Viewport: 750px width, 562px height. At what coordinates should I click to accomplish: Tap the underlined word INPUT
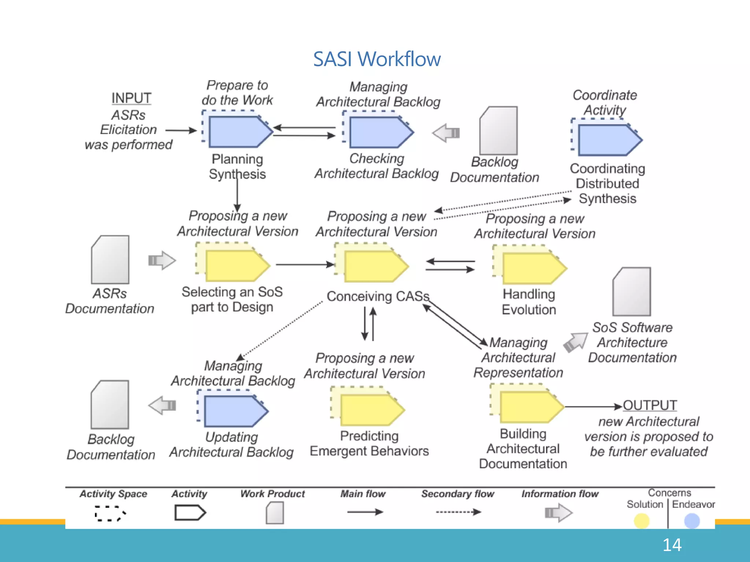pos(131,98)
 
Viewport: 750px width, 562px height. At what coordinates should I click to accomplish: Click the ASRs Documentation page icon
pos(110,259)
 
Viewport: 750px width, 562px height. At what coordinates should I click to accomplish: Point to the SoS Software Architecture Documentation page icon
pos(632,292)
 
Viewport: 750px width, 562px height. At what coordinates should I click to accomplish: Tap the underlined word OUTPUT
pos(650,405)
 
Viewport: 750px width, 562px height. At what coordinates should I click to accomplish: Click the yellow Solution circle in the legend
pos(642,521)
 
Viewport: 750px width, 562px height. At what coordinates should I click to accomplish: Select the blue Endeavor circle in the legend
pos(692,521)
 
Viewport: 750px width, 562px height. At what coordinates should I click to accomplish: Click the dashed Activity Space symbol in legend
pos(110,513)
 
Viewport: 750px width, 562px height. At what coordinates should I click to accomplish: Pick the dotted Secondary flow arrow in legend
pos(458,512)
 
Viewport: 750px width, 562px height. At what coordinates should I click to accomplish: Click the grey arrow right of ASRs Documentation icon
pos(162,261)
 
